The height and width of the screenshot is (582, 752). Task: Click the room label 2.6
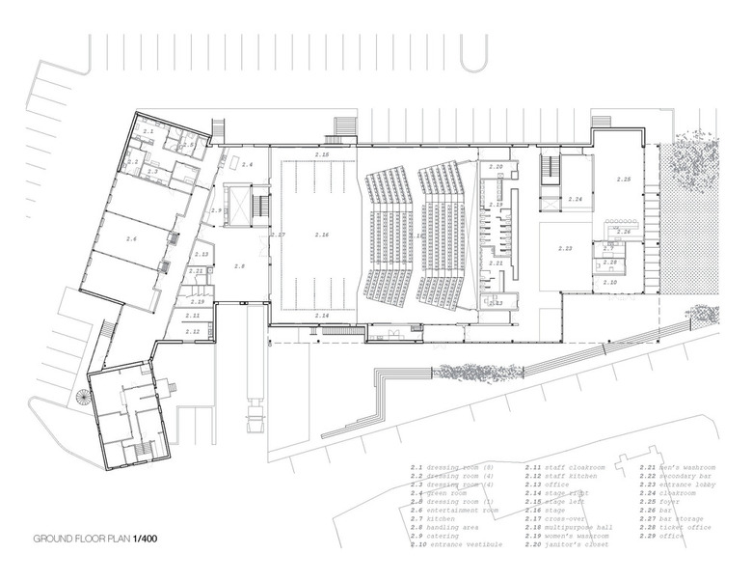(x=131, y=237)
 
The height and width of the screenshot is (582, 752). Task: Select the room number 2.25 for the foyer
(x=623, y=180)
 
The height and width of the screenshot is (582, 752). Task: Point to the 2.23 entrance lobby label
(x=564, y=248)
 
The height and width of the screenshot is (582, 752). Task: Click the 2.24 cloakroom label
(x=577, y=199)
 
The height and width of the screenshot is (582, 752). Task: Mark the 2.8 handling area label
(x=239, y=264)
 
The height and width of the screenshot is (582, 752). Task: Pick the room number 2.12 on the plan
(x=193, y=331)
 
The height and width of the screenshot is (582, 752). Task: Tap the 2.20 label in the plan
(x=496, y=167)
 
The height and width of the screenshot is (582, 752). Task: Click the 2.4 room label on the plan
(x=247, y=165)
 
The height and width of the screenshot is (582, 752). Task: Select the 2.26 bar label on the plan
(x=624, y=233)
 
